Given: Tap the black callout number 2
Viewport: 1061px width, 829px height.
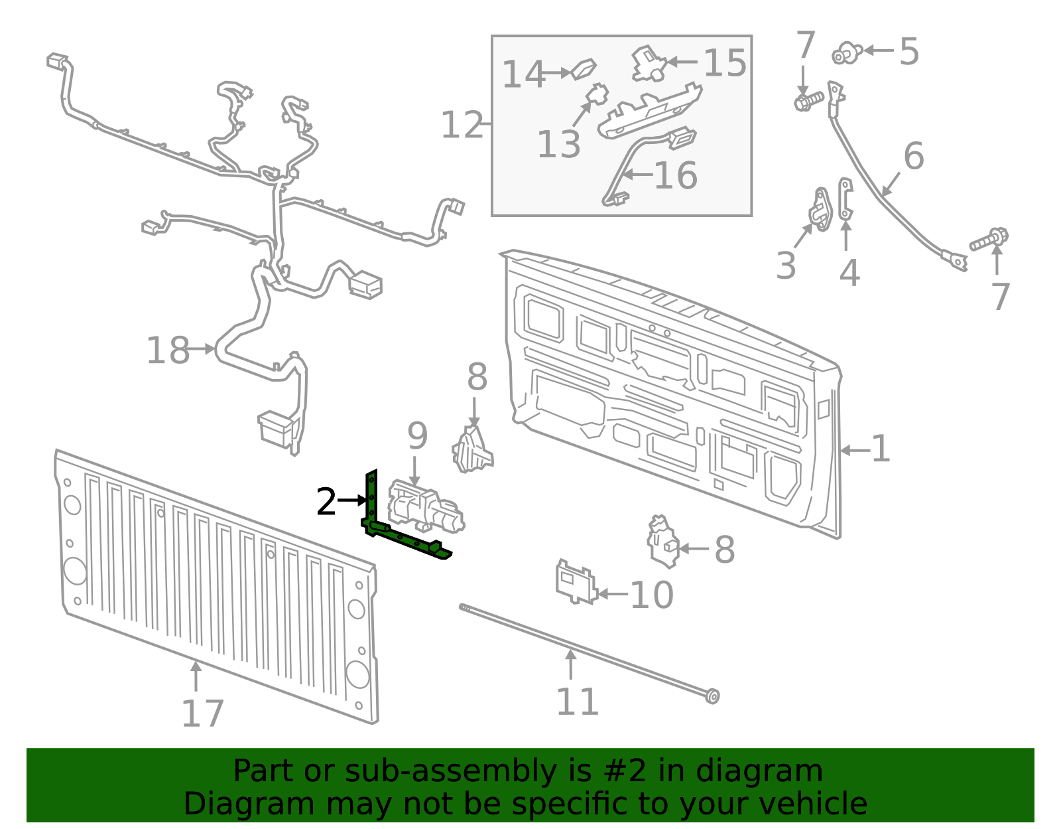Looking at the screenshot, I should pos(326,502).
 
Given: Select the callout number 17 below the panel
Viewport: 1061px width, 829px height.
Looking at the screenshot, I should pos(202,715).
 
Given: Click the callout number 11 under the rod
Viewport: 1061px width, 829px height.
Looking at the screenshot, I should pos(577,702).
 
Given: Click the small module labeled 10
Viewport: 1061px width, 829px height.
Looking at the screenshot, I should pos(574,583).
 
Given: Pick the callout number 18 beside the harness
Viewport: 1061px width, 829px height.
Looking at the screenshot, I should pos(168,350).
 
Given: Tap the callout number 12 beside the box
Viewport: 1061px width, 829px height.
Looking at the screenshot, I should pos(462,125).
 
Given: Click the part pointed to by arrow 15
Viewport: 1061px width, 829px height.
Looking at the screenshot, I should pos(648,64).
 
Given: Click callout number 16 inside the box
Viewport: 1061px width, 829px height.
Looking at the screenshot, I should pos(676,176).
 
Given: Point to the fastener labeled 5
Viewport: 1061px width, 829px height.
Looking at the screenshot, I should pos(847,52).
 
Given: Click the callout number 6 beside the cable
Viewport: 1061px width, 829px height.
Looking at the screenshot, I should pos(913,157).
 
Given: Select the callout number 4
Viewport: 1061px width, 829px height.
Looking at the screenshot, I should pos(849,273).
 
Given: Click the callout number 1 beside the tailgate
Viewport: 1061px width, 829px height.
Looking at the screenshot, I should pos(880,449).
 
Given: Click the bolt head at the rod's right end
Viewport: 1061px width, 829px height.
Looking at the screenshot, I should pos(712,696).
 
